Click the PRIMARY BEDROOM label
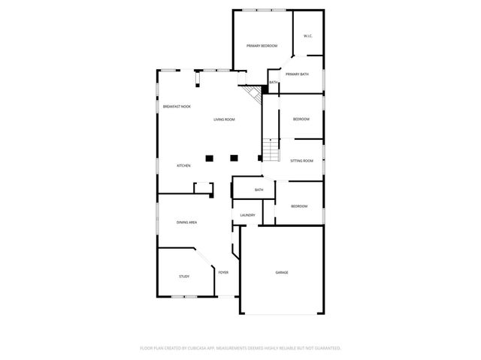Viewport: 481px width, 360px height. [262, 47]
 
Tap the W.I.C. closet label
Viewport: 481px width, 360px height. [307, 36]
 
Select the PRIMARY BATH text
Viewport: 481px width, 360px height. [297, 74]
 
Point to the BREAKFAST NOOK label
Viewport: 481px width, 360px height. [177, 107]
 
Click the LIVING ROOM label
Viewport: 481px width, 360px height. [224, 119]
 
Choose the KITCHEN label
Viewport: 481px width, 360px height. [183, 165]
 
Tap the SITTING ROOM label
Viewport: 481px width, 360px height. [301, 160]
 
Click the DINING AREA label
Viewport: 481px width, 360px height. [186, 222]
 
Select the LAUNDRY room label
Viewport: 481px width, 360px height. [247, 216]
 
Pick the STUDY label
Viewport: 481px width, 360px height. [184, 277]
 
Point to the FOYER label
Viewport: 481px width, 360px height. [223, 272]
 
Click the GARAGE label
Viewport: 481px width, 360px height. [282, 272]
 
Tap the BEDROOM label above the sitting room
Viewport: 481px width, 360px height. [301, 119]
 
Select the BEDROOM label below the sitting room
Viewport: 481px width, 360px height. [299, 206]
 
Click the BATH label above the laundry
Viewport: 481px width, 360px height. [259, 189]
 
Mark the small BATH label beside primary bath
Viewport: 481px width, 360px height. [273, 82]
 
